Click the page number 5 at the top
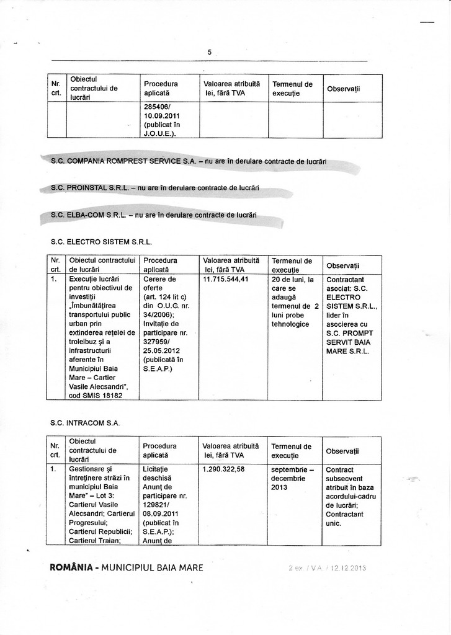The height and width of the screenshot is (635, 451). [x=210, y=53]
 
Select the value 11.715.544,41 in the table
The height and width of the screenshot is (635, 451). [x=226, y=279]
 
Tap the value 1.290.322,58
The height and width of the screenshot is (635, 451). [x=223, y=469]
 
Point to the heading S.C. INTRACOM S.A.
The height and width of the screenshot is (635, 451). [x=85, y=423]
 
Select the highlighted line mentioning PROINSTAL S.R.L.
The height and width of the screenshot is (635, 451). [x=154, y=188]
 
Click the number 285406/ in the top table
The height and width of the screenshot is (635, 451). [x=157, y=106]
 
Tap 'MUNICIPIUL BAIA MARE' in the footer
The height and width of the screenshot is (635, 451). [x=153, y=567]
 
